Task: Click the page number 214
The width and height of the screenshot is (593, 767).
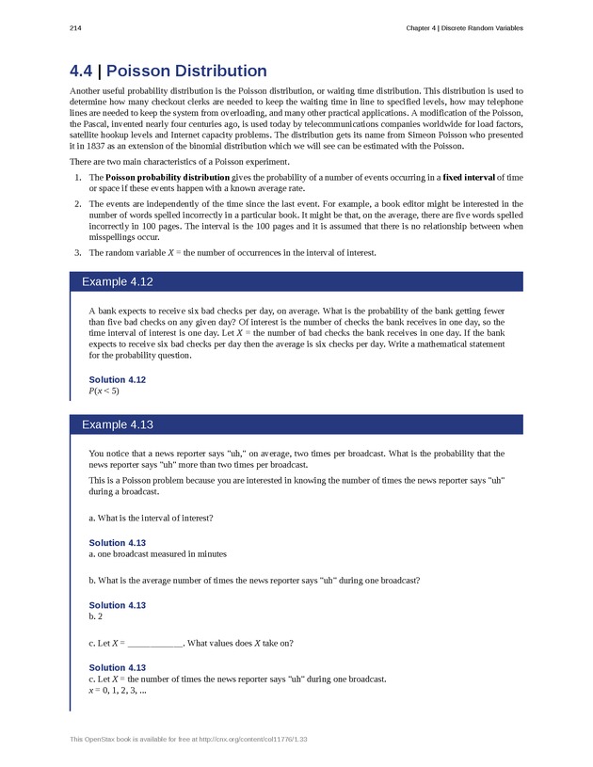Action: (74, 28)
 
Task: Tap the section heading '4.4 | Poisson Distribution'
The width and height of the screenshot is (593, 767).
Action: (168, 71)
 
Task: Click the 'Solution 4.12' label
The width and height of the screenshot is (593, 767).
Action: (117, 379)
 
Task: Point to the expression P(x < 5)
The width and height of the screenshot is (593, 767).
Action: (104, 391)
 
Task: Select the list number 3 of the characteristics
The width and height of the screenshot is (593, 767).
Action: (76, 252)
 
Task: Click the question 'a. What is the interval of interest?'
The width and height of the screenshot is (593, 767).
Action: (151, 518)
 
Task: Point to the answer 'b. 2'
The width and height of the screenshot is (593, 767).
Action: (95, 616)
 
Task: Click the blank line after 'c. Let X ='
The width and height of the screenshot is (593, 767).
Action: (154, 643)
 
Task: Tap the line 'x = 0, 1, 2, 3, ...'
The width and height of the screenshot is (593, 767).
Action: (117, 690)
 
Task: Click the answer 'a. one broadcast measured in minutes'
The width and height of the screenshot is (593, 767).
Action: (157, 554)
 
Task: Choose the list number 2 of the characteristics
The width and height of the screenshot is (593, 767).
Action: (76, 203)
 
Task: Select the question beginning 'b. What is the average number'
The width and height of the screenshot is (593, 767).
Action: (253, 580)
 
